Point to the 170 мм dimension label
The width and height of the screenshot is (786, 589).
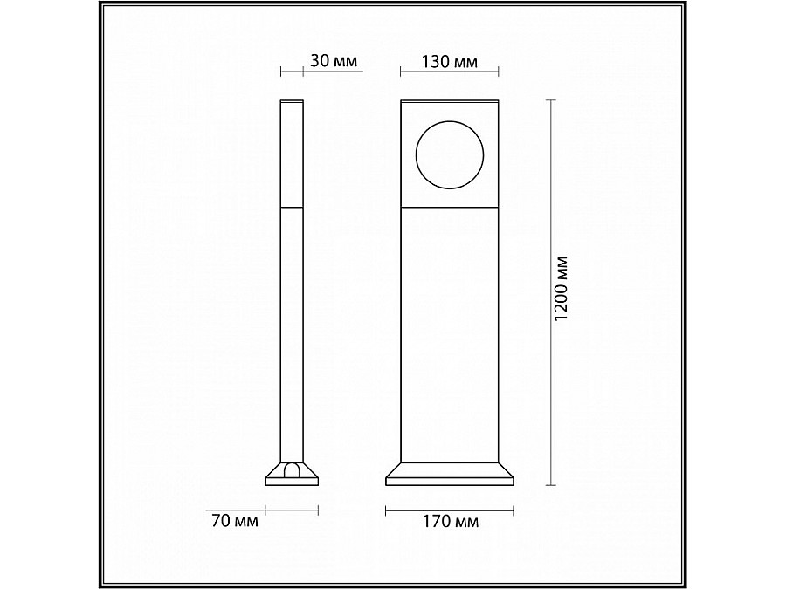pyautogui.click(x=449, y=522)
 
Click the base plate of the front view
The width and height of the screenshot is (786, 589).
pyautogui.click(x=449, y=476)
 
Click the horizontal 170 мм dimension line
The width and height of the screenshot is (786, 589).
pyautogui.click(x=449, y=509)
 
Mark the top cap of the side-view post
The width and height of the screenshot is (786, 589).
pyautogui.click(x=291, y=101)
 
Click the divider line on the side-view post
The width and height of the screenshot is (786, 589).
pyautogui.click(x=291, y=209)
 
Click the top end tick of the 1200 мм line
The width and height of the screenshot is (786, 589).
pyautogui.click(x=551, y=100)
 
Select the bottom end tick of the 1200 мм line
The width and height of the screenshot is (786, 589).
pyautogui.click(x=551, y=484)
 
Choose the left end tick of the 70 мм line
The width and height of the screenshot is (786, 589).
pyautogui.click(x=265, y=509)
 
